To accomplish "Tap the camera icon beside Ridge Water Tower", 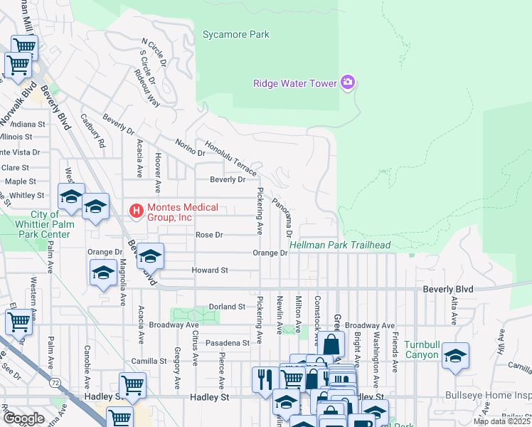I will click(348, 83).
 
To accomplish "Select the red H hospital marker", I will click(135, 211).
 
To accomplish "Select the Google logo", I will click(23, 418).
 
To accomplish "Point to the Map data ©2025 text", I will click(501, 421).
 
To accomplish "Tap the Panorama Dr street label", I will click(282, 217).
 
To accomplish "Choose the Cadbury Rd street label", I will click(92, 131).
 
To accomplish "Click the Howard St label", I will click(209, 270).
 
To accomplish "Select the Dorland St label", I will click(226, 307).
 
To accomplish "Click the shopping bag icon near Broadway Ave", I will click(331, 345).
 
